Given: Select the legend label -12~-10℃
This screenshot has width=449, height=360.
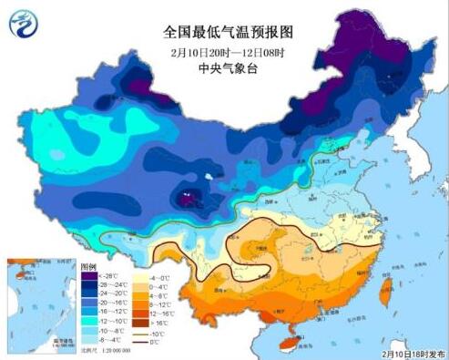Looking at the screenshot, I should [x=115, y=322].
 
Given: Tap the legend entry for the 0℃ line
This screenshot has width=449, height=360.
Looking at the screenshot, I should [x=164, y=343].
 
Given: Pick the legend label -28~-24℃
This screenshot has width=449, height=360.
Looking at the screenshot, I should [x=115, y=285].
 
